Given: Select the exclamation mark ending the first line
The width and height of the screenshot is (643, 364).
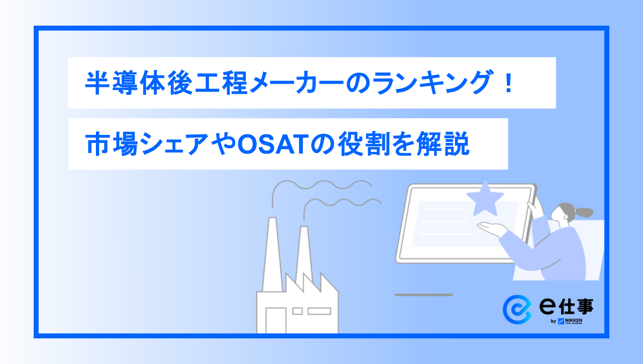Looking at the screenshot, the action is pyautogui.click(x=509, y=82).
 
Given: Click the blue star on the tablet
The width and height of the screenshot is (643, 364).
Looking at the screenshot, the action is pyautogui.click(x=485, y=199).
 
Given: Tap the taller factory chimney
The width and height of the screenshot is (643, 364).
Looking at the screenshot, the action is pyautogui.click(x=272, y=255).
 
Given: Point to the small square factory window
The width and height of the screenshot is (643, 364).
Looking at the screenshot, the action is pyautogui.click(x=297, y=311).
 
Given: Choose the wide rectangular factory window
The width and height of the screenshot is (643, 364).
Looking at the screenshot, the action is pyautogui.click(x=319, y=311).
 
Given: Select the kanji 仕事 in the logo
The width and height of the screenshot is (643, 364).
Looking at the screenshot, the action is pyautogui.click(x=576, y=307).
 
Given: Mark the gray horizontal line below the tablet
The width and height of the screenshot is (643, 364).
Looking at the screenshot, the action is pyautogui.click(x=424, y=295).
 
